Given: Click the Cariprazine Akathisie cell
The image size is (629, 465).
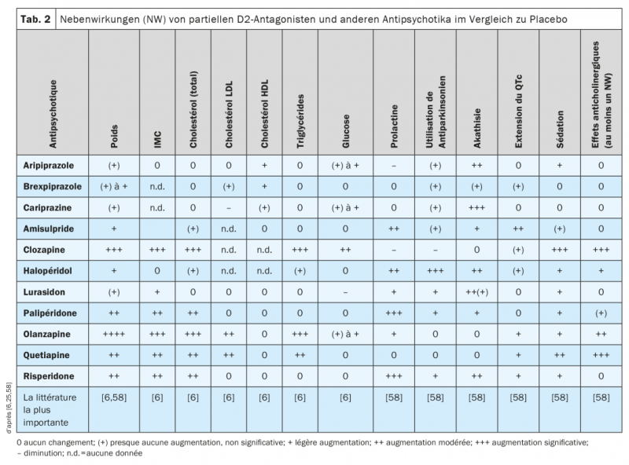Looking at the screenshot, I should (x=477, y=207).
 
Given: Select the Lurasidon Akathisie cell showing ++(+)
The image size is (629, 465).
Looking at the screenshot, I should (x=477, y=291).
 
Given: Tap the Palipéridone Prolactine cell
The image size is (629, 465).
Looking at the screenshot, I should (x=393, y=312).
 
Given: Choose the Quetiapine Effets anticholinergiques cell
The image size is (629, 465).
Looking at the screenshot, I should (x=600, y=354).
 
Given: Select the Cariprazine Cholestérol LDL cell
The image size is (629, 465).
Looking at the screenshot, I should (x=229, y=207).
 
